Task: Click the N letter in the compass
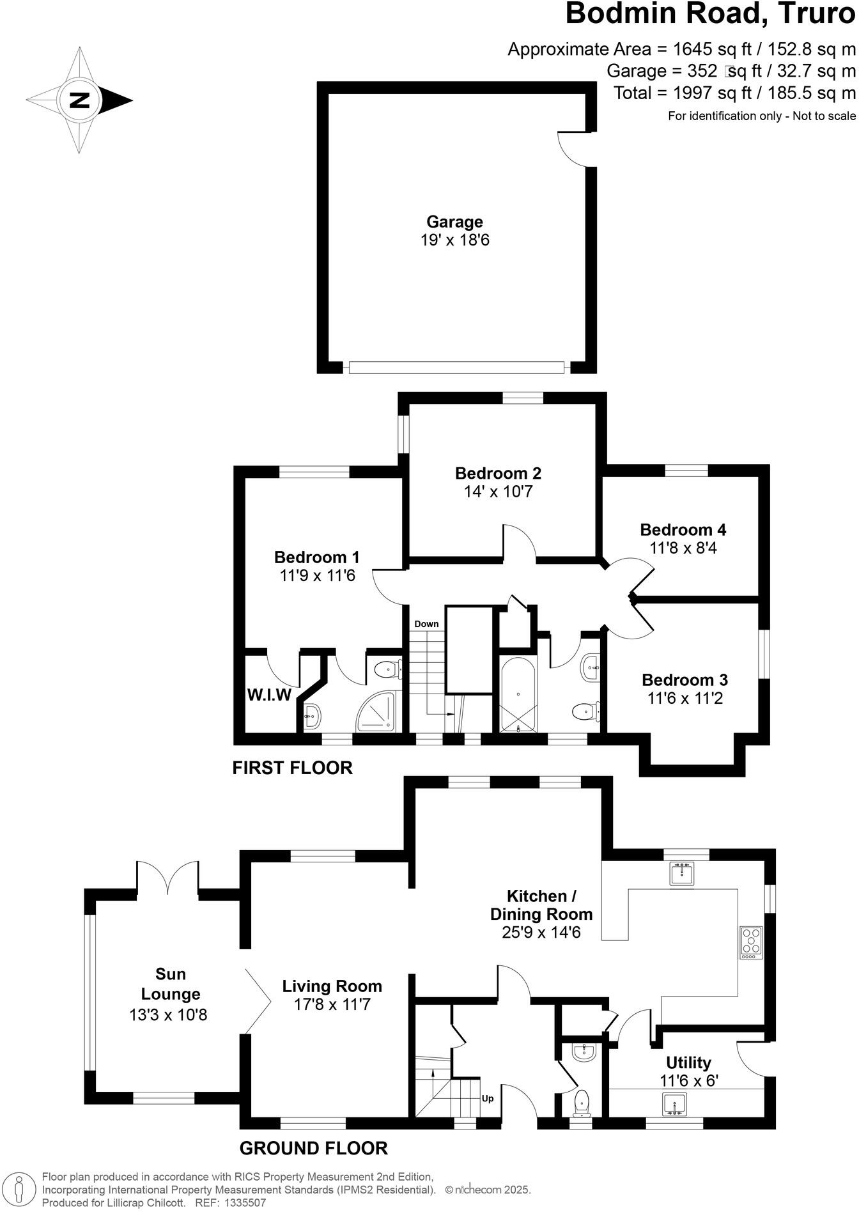click(x=79, y=100)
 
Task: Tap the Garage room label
click(x=454, y=222)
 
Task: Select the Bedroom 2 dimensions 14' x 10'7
click(x=498, y=492)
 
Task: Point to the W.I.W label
click(x=269, y=695)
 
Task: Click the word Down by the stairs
click(x=426, y=624)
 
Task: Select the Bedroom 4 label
click(x=683, y=529)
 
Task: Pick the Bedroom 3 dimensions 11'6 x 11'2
click(x=685, y=698)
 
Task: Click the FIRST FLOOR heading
click(x=292, y=768)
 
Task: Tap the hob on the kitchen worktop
click(x=751, y=943)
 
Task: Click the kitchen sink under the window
click(x=683, y=873)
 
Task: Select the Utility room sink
click(x=674, y=1104)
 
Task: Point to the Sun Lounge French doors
click(x=167, y=878)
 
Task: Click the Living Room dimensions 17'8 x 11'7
click(x=332, y=1004)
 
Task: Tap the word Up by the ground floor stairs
click(x=488, y=1099)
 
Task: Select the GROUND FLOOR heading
click(x=313, y=1149)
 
